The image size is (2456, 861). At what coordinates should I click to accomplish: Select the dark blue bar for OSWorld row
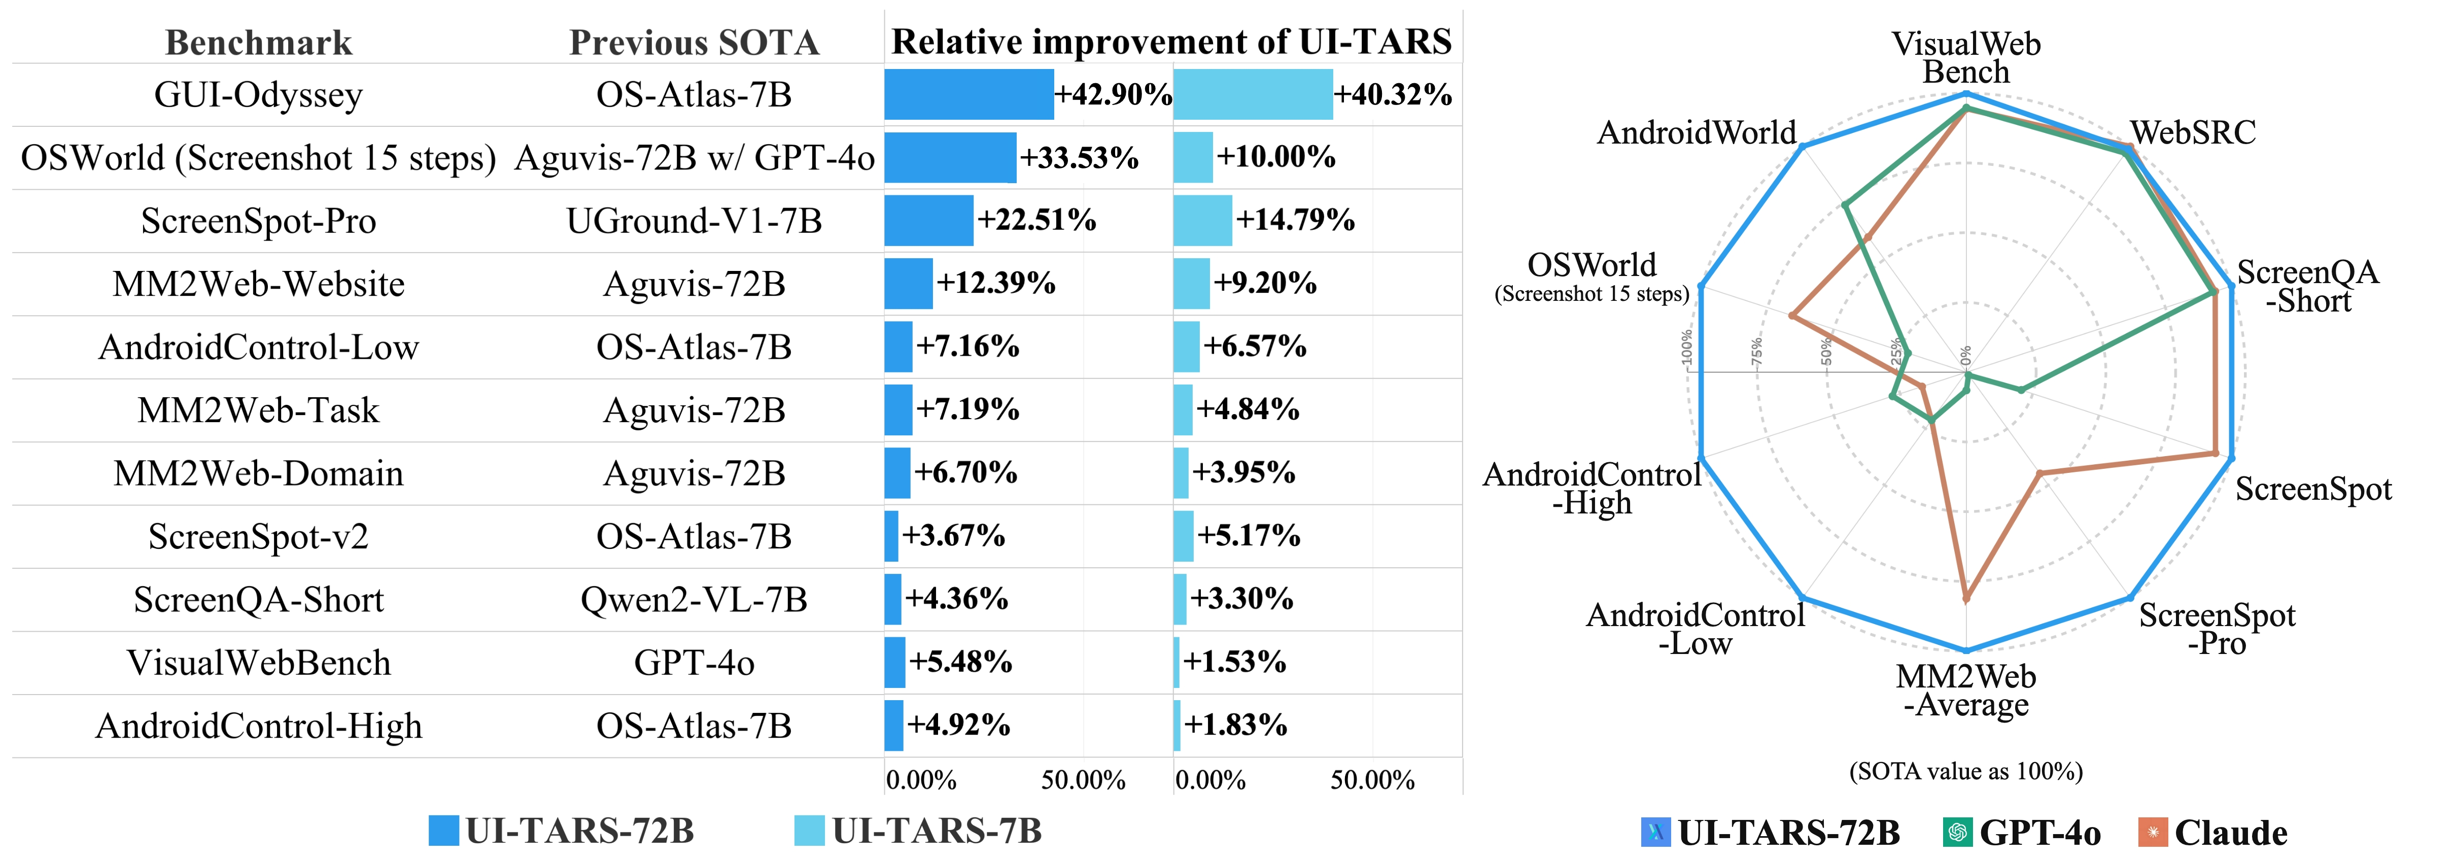tap(950, 157)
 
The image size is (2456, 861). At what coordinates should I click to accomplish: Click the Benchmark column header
tap(258, 43)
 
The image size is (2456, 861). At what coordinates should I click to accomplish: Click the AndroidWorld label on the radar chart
tap(1696, 132)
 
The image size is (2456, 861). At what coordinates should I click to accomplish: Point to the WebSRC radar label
tap(2193, 132)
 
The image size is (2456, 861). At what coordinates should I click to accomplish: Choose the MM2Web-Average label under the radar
tap(1966, 691)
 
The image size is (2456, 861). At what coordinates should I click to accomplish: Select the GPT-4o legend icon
tap(1956, 833)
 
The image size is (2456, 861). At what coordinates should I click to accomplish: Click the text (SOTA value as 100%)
tap(1966, 770)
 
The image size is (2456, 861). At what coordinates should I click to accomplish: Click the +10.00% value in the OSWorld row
tap(1275, 157)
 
